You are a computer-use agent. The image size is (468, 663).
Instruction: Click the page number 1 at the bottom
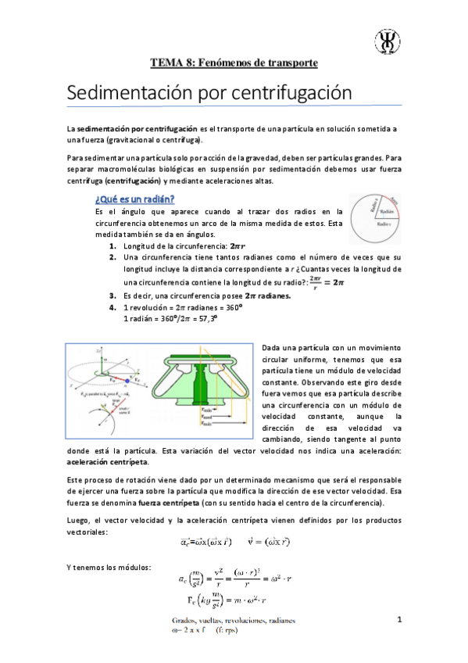399,620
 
